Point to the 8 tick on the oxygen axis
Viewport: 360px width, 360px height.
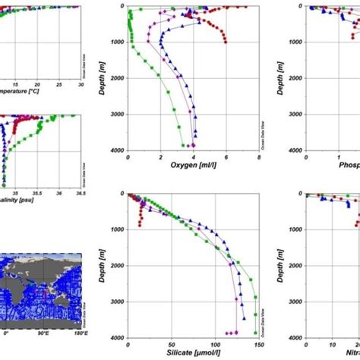(x=259, y=156)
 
